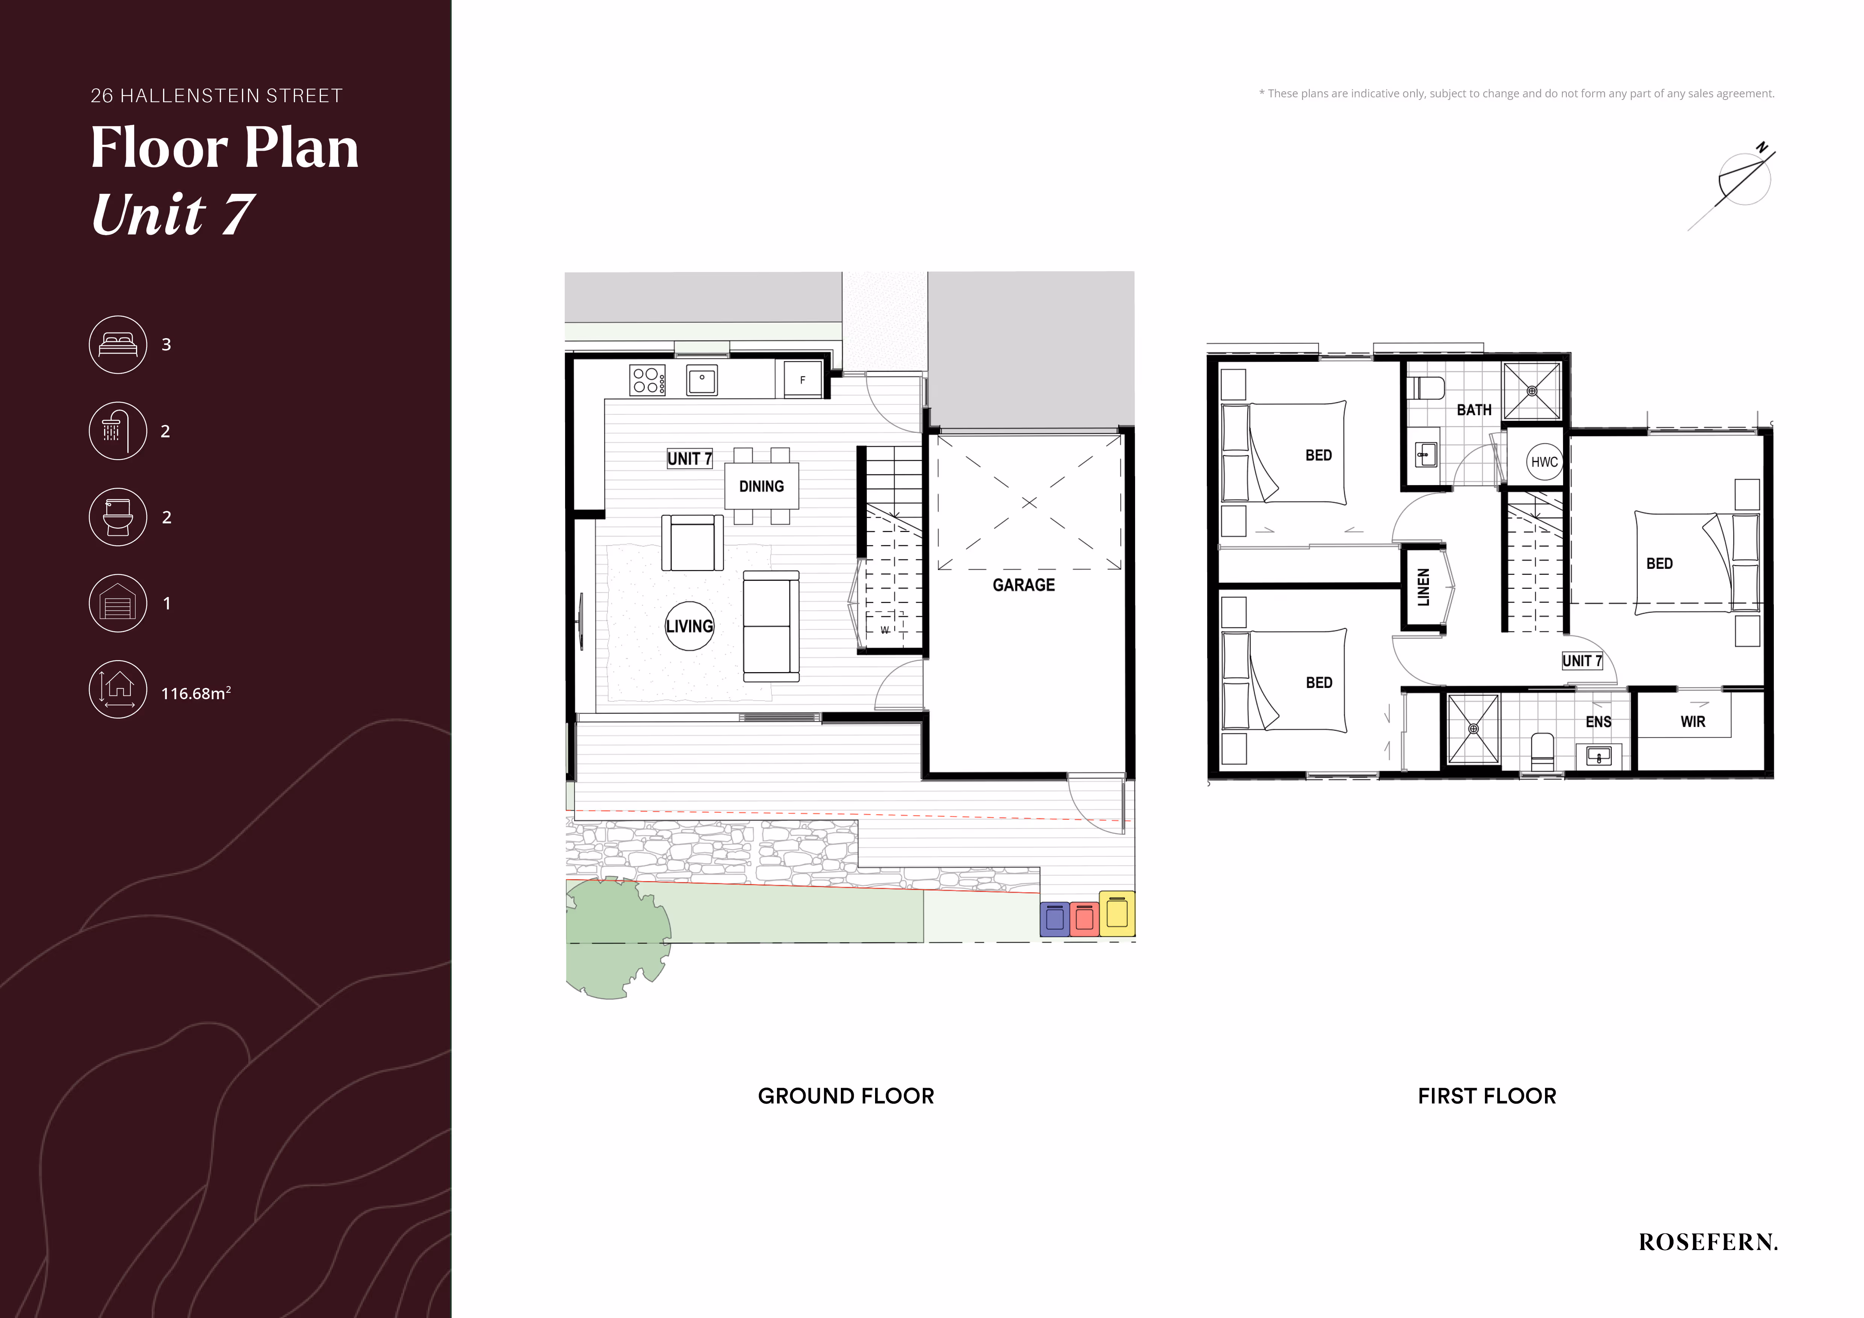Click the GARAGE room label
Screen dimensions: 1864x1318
[1024, 585]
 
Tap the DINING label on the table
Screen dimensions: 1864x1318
[762, 486]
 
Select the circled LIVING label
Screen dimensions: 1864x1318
[689, 626]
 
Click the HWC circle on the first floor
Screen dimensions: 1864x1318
[1544, 462]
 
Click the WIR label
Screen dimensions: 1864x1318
[1693, 721]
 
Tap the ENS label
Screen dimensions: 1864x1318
[1598, 721]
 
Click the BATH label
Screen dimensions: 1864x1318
[1474, 410]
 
